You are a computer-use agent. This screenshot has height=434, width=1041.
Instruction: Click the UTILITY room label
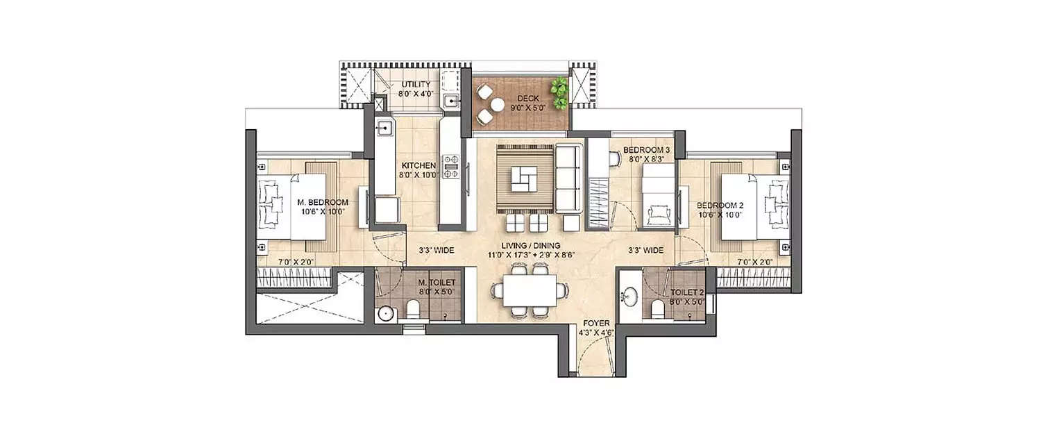(416, 85)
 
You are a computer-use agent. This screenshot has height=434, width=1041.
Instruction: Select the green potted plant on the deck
(559, 90)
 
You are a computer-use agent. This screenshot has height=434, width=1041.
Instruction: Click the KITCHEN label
(418, 166)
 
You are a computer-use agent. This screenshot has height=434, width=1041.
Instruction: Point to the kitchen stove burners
(451, 167)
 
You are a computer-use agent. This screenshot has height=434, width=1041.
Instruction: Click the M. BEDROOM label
(322, 203)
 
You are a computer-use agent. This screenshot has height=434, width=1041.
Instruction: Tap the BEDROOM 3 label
(646, 149)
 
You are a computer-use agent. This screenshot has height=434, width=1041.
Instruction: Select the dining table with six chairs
(530, 292)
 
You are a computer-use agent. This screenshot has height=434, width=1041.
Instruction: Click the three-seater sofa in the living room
(568, 180)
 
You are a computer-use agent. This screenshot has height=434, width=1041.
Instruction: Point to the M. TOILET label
(437, 283)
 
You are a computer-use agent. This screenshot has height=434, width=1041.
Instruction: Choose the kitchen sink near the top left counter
(384, 128)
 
